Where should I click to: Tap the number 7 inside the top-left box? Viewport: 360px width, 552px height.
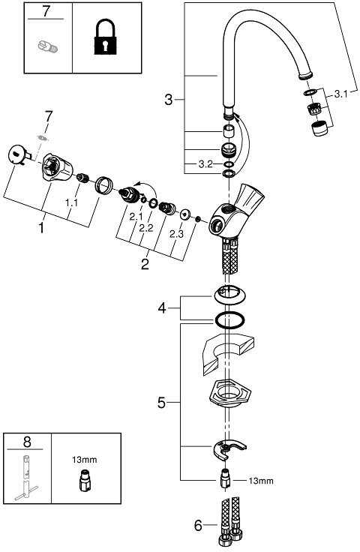coord(46,11)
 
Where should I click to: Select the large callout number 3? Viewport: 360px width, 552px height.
coord(169,100)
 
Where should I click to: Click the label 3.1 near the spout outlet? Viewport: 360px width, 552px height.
coord(340,94)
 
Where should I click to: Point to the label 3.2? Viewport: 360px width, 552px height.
coord(205,164)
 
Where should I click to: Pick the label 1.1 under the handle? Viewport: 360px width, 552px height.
coord(71,202)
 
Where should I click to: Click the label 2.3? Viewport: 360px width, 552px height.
coord(177,234)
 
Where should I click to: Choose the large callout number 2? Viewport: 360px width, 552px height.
coord(145,264)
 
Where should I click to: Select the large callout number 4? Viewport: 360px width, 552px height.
coord(161,308)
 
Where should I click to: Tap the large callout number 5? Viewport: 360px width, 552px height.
coord(161,403)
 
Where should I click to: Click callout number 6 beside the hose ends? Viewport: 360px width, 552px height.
coord(199,526)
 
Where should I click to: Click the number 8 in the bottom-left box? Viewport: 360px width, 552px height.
coord(27,442)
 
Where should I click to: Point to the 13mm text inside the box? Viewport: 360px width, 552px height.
coord(85,460)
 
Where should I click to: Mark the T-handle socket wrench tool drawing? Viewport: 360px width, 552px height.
coord(25,478)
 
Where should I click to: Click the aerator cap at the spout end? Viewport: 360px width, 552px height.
coord(319,128)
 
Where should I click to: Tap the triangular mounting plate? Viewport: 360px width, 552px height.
coord(229,393)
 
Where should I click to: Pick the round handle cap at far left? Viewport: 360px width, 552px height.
coord(17,154)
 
